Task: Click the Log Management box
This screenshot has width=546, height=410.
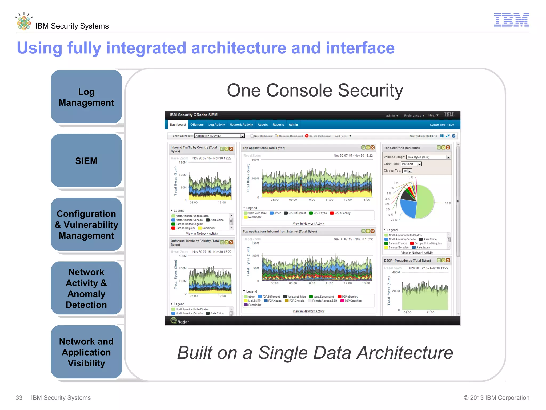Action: coord(86,97)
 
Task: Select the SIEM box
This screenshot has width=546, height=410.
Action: coord(86,161)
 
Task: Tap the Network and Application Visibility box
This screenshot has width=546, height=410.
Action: coord(86,352)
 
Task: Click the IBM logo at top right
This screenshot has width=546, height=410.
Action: coord(511,20)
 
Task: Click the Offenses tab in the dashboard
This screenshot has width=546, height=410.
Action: coord(197,125)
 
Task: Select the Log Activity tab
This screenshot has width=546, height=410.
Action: coord(216,125)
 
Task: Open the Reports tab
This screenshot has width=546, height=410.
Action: coord(278,125)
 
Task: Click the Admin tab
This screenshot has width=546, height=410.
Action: coord(293,125)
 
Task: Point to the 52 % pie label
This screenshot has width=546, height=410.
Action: coord(447,203)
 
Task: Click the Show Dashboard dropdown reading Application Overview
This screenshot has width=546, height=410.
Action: coord(219,136)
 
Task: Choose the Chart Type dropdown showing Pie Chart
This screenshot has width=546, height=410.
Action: coord(411,164)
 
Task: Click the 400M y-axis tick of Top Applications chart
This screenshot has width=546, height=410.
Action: coord(255,160)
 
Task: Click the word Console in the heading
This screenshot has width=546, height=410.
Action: coord(299,90)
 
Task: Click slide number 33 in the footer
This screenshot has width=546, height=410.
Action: coord(19,398)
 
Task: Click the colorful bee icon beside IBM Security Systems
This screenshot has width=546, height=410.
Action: coord(24,22)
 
